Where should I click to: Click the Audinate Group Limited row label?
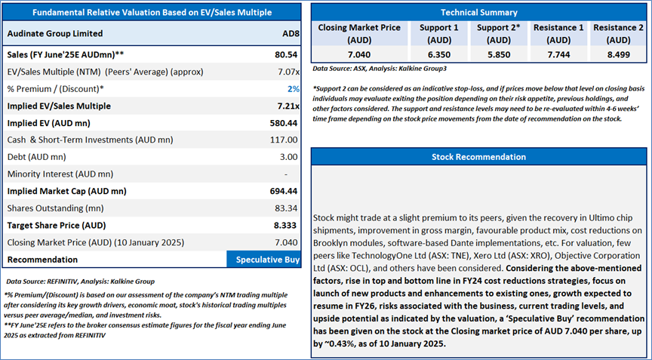[x=54, y=33]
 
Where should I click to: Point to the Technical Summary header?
[x=478, y=12]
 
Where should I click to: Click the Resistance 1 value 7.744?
[x=558, y=55]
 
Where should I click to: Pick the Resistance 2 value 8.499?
[x=619, y=55]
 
